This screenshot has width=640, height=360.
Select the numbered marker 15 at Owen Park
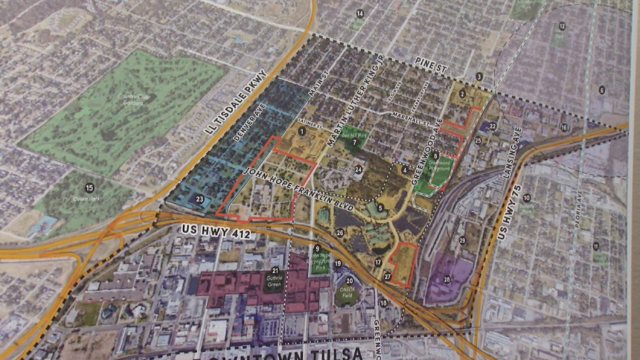pos(89,187)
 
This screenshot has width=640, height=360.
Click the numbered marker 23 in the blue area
pos(199,199)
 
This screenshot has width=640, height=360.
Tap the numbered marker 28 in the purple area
pos(447,279)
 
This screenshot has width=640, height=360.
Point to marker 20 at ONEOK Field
pos(345,282)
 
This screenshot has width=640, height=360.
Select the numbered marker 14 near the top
pos(359,13)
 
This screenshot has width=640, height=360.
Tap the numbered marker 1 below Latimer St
pos(302,131)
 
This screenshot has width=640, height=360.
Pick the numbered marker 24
pos(358,169)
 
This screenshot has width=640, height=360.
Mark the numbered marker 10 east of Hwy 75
pos(527,197)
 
